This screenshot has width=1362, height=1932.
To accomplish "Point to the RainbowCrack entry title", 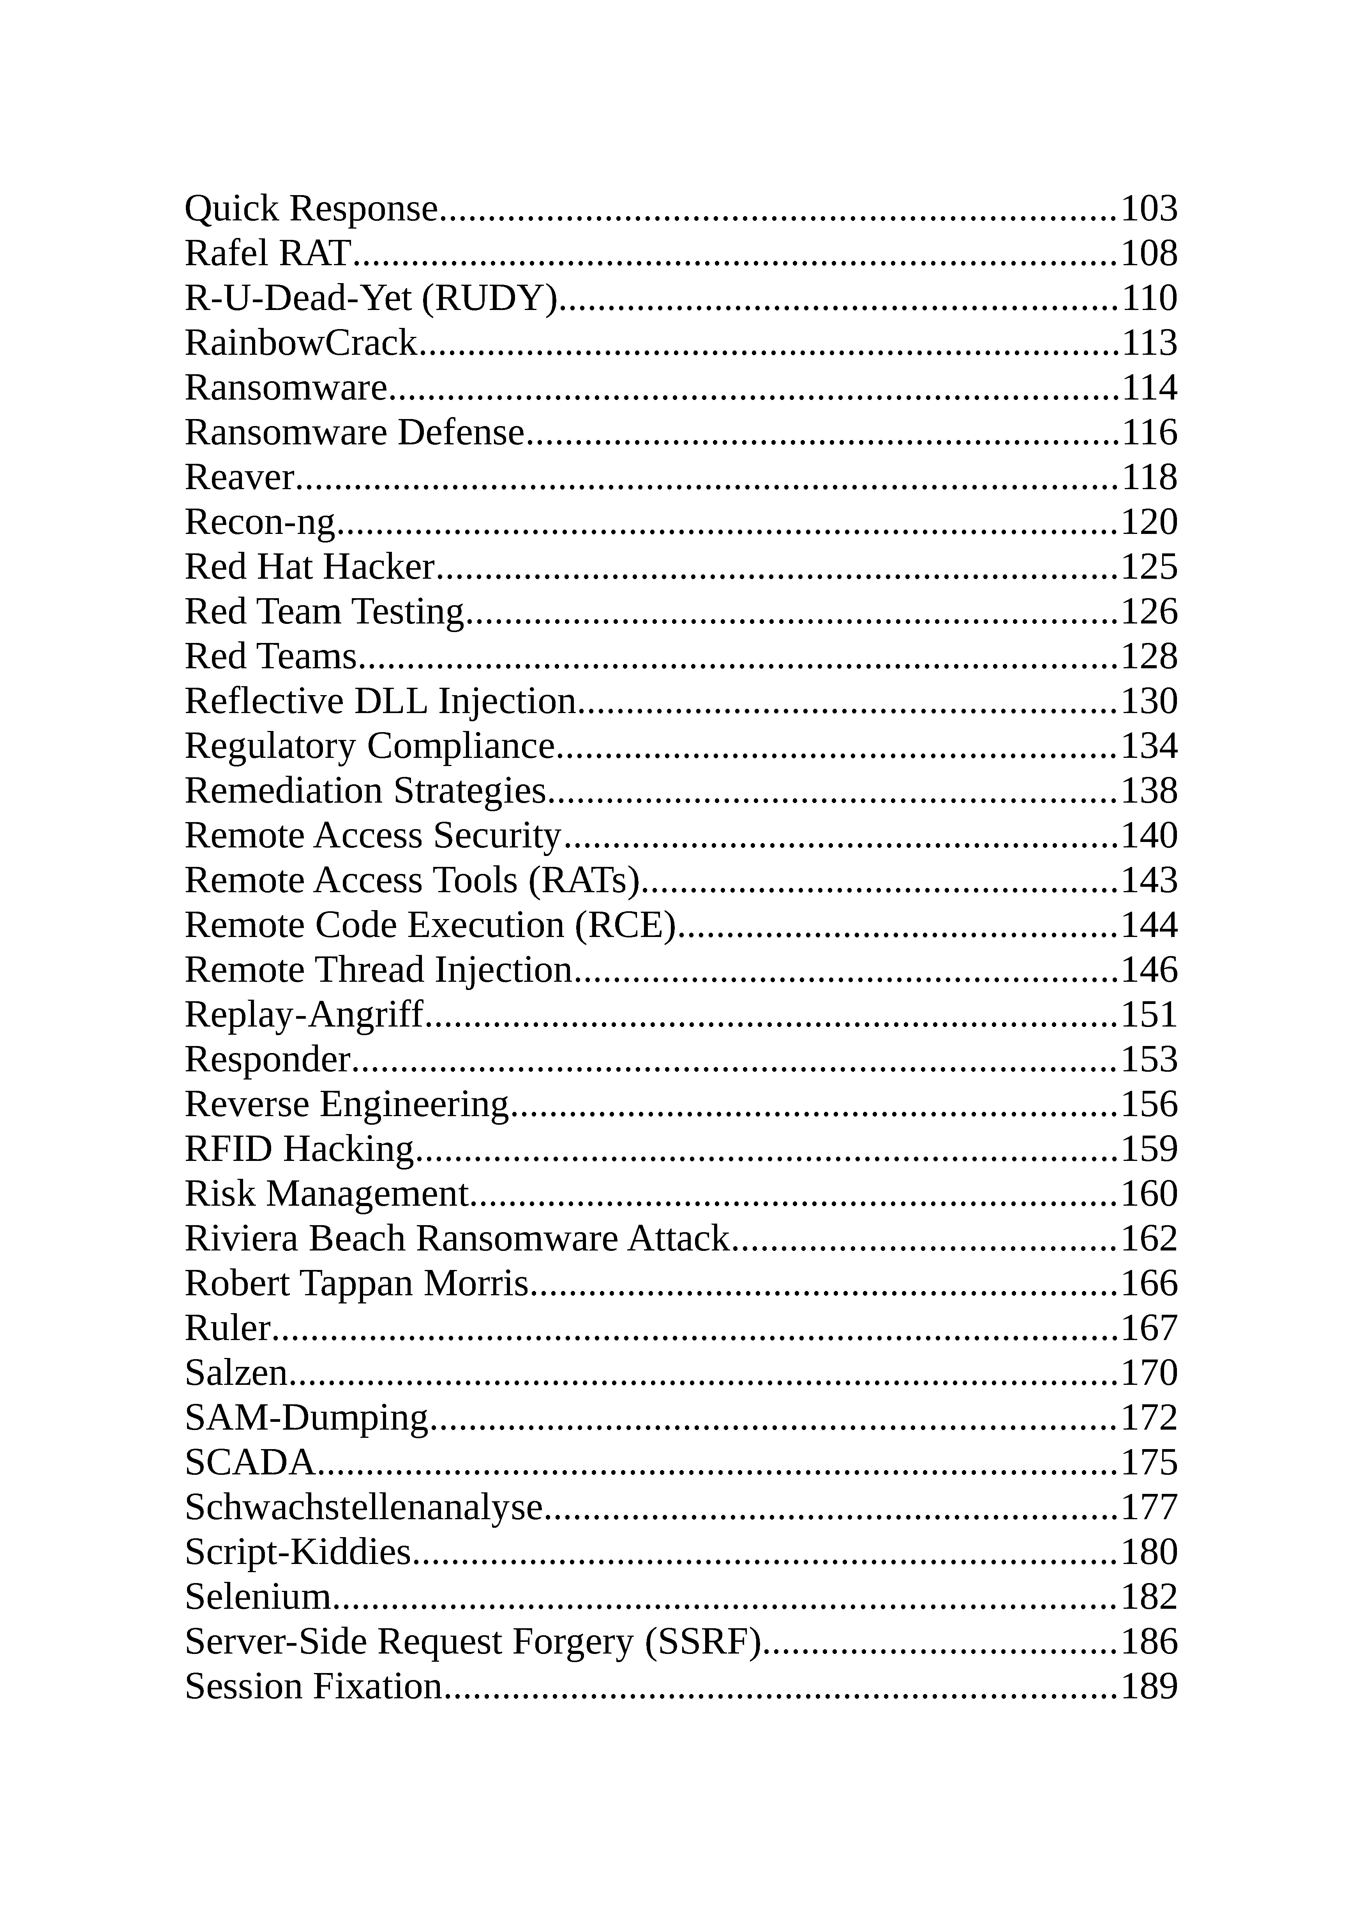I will click(300, 343).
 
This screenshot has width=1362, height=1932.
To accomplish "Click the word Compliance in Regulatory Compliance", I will click(460, 747).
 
